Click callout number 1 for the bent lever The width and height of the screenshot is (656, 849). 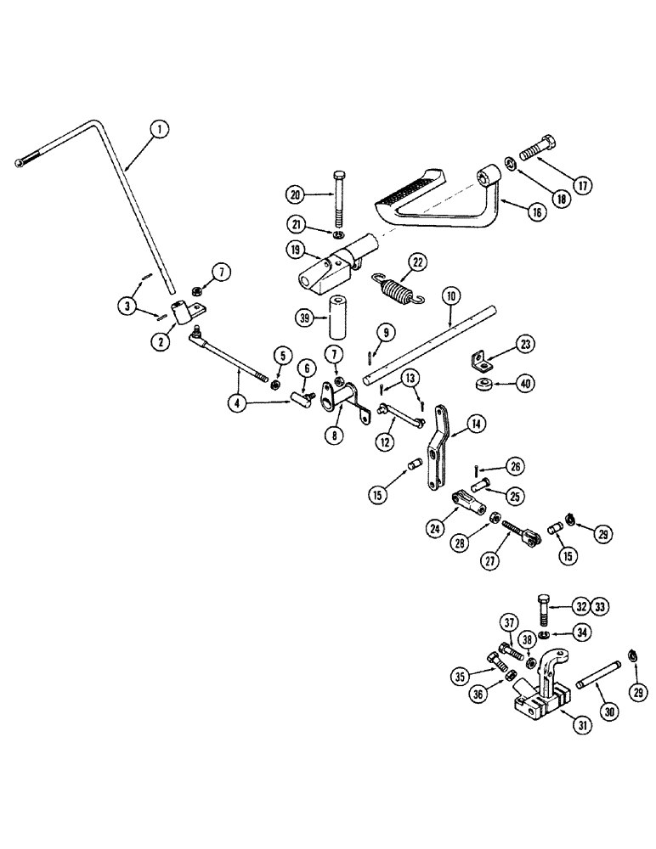click(x=158, y=130)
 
